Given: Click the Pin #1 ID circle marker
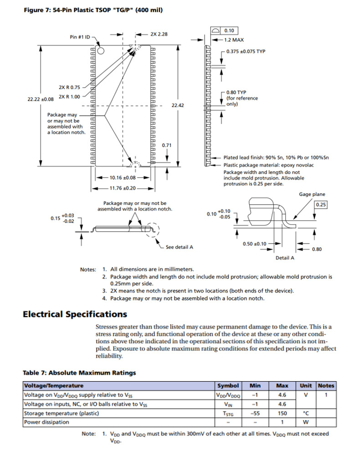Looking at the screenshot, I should point(101,50).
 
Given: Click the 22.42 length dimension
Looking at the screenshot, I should point(177,105).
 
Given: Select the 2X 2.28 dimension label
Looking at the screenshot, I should point(159,34).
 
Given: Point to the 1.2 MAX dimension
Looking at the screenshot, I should point(235,40).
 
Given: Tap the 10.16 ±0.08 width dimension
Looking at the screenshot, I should point(120,178).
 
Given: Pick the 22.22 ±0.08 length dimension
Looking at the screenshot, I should point(41,99).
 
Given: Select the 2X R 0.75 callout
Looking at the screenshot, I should point(69,87).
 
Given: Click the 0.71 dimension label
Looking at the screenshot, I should point(167,145).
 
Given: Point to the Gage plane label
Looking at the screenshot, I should point(312,194).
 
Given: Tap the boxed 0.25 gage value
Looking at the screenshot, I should point(321,205).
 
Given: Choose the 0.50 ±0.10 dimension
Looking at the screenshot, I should point(255,244).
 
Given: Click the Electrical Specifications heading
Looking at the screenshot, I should point(75,314).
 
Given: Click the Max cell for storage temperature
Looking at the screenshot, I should point(282,413).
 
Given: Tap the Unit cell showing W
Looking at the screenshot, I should point(306,422).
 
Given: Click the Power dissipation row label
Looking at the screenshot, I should point(46,422).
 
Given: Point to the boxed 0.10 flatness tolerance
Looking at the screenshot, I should point(229,31).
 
